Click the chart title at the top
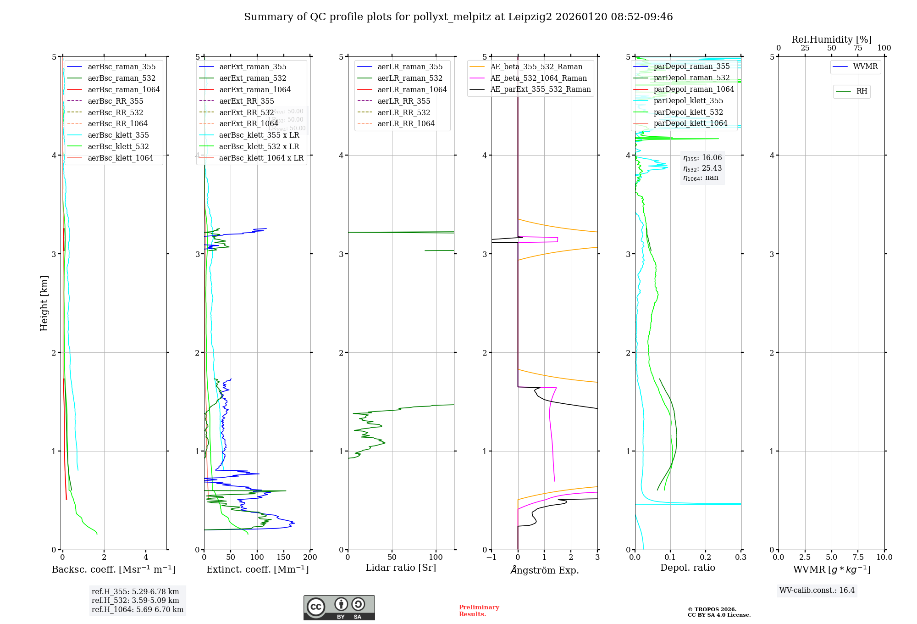(x=458, y=17)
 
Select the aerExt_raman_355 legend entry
(x=253, y=67)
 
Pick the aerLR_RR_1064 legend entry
(x=406, y=123)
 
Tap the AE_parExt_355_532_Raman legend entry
(x=540, y=89)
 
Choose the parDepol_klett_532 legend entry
(x=688, y=112)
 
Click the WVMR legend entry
(x=865, y=67)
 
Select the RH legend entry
(x=862, y=91)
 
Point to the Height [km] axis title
(x=44, y=303)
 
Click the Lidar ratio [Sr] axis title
(x=401, y=568)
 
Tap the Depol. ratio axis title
(x=687, y=568)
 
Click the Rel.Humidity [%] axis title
(x=831, y=39)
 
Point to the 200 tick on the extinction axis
(x=310, y=557)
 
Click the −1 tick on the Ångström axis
(x=492, y=557)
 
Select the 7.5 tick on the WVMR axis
(x=858, y=557)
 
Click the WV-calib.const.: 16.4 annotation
(x=817, y=590)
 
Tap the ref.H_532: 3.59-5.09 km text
(x=135, y=600)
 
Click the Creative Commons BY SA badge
(x=339, y=608)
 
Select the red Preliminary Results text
(x=479, y=610)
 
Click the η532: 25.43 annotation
(x=702, y=168)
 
